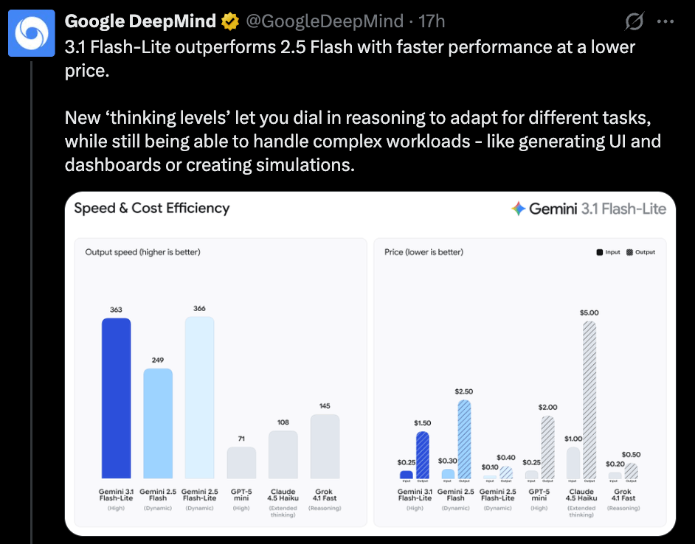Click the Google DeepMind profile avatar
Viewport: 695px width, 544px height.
[32, 33]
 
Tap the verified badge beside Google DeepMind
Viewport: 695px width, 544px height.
[229, 21]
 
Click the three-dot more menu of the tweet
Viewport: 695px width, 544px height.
[665, 21]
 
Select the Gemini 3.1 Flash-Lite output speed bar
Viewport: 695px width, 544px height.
[116, 398]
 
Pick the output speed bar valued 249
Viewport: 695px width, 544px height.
[158, 423]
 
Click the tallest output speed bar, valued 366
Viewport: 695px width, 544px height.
[199, 397]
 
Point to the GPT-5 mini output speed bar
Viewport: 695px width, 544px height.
[241, 462]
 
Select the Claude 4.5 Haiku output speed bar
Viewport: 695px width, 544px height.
[283, 454]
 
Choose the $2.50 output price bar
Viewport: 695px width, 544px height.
[464, 439]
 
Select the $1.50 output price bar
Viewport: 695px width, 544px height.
[422, 455]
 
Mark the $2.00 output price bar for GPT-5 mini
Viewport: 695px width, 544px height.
[547, 447]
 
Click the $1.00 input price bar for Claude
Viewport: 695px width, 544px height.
[573, 463]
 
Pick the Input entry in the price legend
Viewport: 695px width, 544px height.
[609, 252]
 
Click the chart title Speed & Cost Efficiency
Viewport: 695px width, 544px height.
[152, 209]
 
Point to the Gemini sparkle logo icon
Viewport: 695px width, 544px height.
[518, 209]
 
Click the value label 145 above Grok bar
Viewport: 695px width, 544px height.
[325, 406]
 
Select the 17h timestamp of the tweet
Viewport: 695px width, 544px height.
[431, 21]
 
